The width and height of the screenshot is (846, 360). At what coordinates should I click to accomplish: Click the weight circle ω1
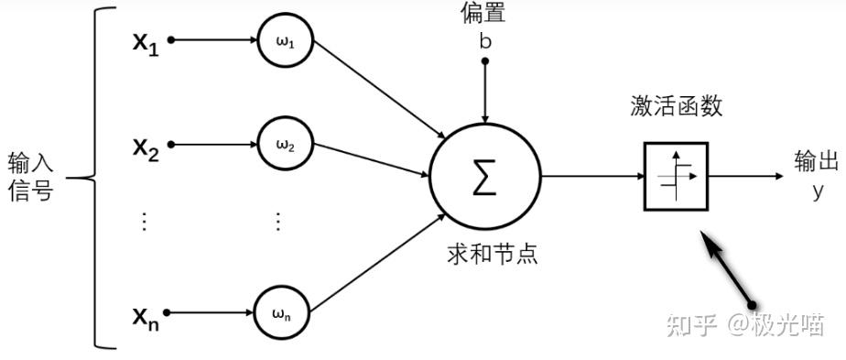[283, 40]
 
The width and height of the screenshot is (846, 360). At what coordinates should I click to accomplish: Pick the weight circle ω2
[283, 145]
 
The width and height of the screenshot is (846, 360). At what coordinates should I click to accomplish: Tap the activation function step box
[676, 176]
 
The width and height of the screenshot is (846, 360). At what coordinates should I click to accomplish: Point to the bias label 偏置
[484, 13]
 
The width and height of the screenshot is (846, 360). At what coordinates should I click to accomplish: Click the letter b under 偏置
[484, 40]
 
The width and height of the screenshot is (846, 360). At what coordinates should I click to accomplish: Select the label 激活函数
[676, 106]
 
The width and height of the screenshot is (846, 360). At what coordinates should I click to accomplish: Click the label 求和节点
[492, 253]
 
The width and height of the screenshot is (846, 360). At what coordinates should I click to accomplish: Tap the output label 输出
[816, 162]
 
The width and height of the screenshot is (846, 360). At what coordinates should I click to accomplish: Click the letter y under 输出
[818, 191]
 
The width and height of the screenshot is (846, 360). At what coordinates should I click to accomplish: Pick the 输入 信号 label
[30, 177]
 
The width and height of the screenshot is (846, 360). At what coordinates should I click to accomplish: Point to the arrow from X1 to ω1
[213, 40]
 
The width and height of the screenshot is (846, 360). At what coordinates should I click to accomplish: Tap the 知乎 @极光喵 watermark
[743, 324]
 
